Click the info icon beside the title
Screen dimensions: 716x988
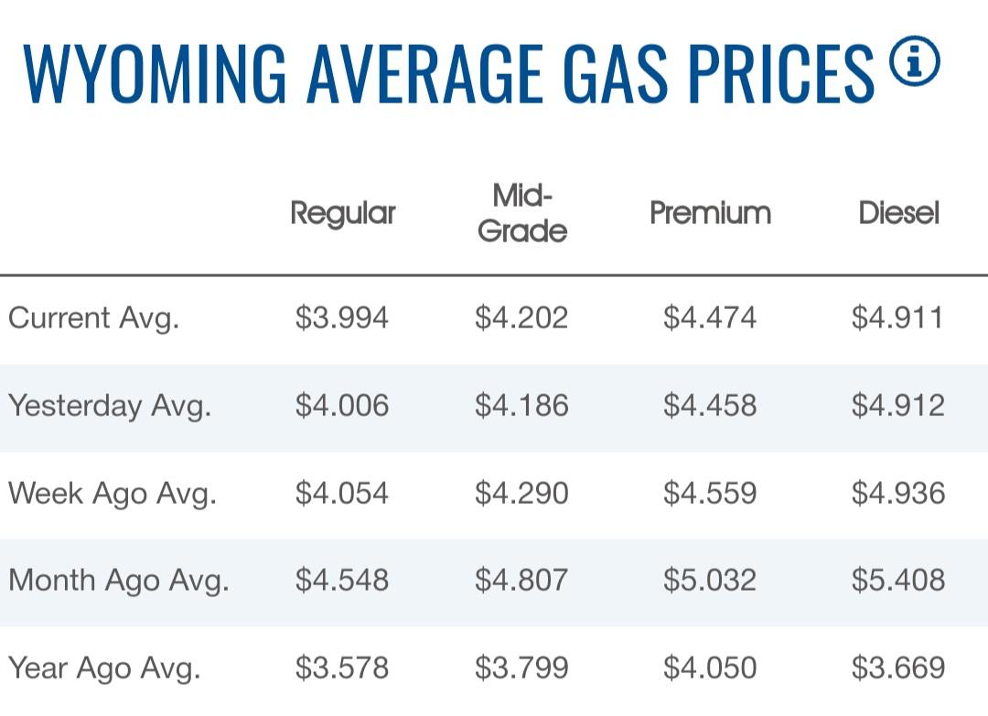click(x=914, y=63)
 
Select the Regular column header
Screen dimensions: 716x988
click(x=343, y=213)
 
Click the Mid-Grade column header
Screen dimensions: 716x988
click(x=522, y=213)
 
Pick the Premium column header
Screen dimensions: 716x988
click(x=710, y=213)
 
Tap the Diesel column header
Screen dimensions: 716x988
click(x=898, y=213)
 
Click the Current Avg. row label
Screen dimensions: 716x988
click(x=93, y=318)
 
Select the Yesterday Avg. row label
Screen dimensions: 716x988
click(x=110, y=406)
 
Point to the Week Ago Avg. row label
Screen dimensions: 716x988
click(x=112, y=494)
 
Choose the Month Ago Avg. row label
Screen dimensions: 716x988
click(x=118, y=581)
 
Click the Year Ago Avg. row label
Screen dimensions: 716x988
click(x=103, y=668)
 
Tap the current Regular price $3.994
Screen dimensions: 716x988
click(x=342, y=318)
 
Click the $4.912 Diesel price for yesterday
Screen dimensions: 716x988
click(x=897, y=406)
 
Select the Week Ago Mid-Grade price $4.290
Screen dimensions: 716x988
click(x=521, y=494)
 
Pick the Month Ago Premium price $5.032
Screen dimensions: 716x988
click(x=710, y=581)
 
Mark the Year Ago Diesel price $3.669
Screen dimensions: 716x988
click(x=897, y=668)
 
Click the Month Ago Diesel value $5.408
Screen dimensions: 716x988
click(x=897, y=581)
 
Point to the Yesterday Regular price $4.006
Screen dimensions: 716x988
click(x=342, y=406)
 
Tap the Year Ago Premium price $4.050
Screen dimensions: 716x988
click(x=710, y=668)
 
